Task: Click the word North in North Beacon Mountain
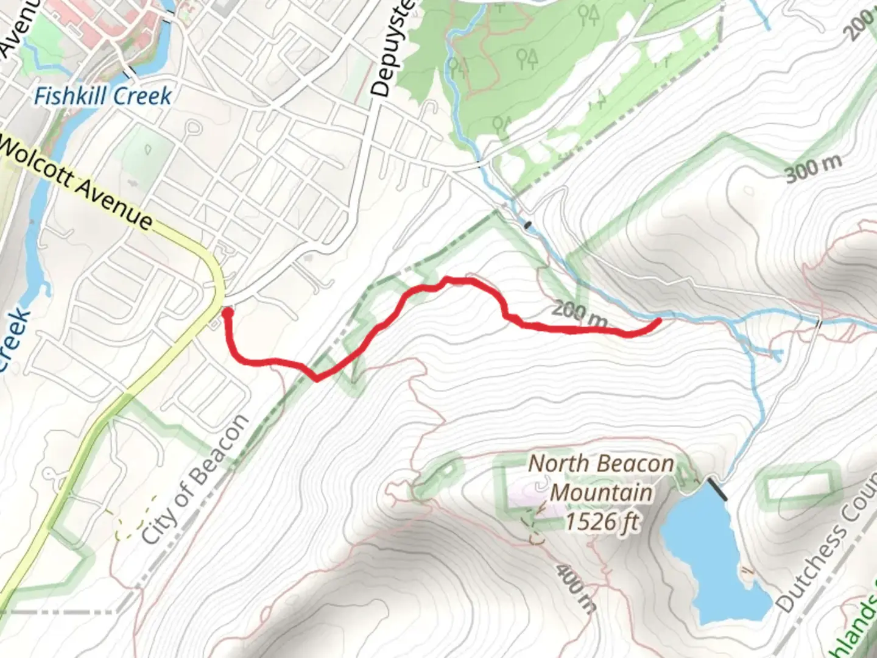[x=555, y=464]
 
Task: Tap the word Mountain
[x=602, y=492]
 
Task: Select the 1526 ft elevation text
[x=602, y=522]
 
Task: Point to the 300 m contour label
[x=814, y=168]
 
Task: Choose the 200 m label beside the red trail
[x=580, y=314]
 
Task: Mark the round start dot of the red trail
[x=227, y=313]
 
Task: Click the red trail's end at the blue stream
[x=658, y=320]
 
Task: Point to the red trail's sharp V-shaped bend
[x=317, y=379]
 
